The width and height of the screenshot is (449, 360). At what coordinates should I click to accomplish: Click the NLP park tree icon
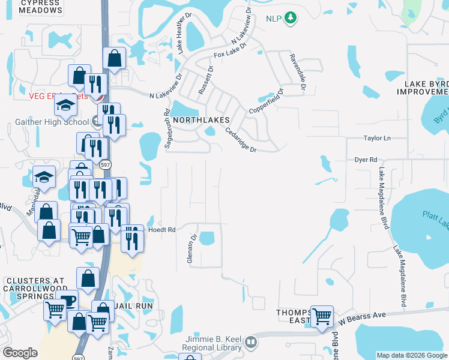291,18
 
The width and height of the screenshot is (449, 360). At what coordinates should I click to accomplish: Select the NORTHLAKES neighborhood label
202,120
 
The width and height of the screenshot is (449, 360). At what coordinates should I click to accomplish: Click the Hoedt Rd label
163,230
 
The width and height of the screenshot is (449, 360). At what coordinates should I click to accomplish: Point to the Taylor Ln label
377,138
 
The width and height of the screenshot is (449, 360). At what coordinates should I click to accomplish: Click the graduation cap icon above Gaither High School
65,106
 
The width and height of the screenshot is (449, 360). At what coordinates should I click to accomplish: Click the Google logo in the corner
20,353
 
